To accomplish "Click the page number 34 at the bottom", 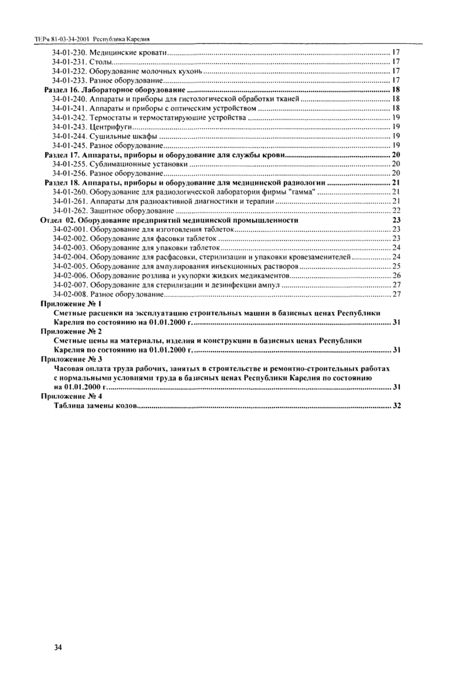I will coord(58,648).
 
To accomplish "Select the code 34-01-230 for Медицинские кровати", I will coord(70,51).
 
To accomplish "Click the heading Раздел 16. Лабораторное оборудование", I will coord(113,88).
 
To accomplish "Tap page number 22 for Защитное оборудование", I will coord(396,210).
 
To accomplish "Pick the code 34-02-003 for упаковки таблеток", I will coord(70,248).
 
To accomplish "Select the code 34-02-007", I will coord(70,286).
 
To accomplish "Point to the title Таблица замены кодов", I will coord(96,406).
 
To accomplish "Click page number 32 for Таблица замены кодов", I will coord(396,406).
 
